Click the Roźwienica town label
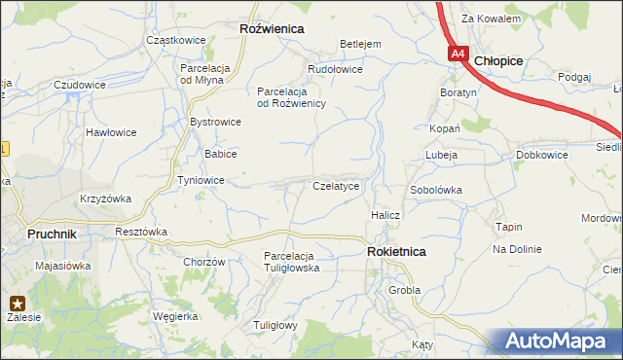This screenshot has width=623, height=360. tap(272, 29)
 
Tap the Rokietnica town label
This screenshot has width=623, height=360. tap(396, 251)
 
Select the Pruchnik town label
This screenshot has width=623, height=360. tap(53, 234)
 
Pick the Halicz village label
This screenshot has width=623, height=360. tap(385, 214)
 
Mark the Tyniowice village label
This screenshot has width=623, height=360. tap(202, 180)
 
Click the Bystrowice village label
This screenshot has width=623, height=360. tap(215, 122)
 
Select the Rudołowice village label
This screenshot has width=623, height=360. tap(335, 70)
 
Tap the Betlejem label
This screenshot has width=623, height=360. tap(359, 44)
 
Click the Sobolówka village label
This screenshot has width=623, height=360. tap(435, 189)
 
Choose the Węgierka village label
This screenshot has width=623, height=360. tap(175, 316)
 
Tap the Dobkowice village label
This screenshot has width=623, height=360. tap(542, 155)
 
